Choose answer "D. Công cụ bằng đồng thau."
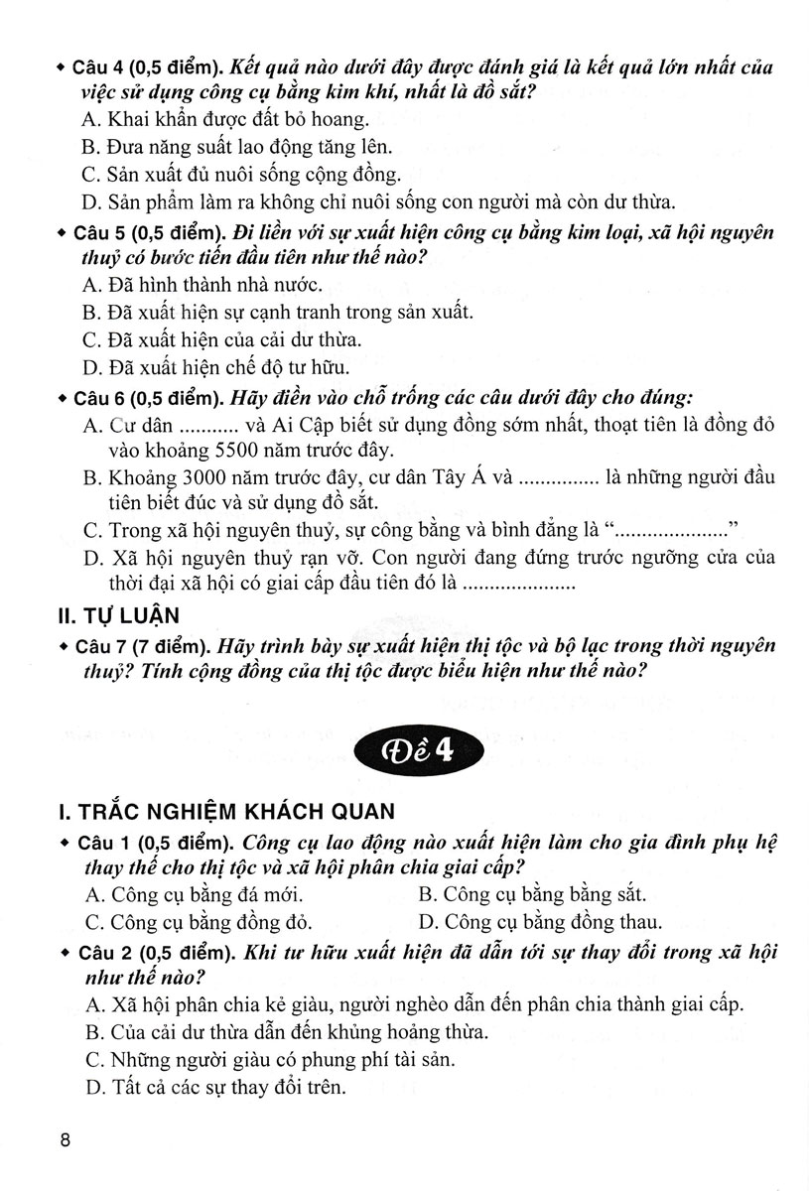[540, 921]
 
